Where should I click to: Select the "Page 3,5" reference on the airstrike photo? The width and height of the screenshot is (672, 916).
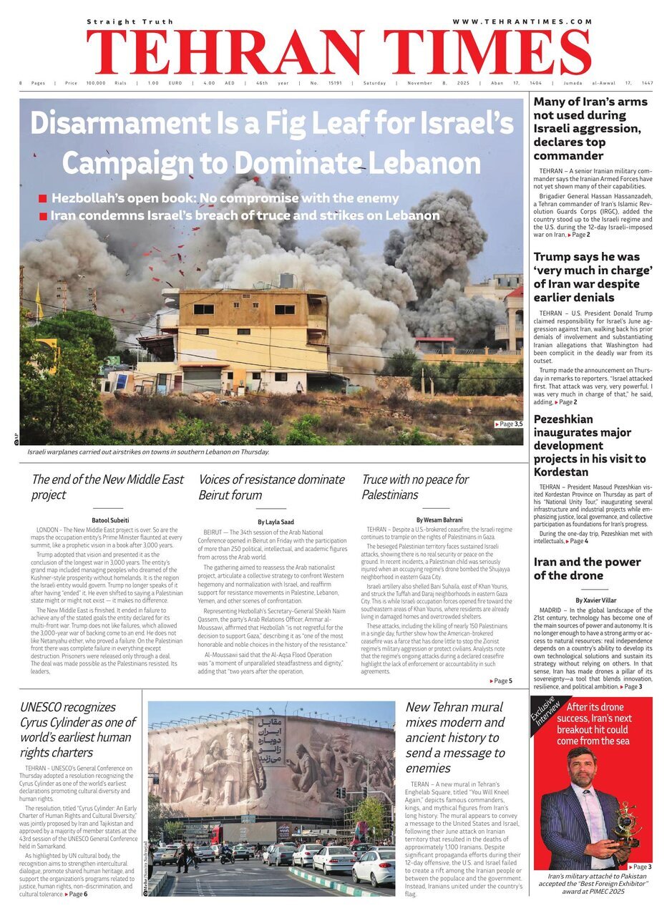(x=509, y=424)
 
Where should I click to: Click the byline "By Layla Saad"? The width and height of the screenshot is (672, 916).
(x=275, y=522)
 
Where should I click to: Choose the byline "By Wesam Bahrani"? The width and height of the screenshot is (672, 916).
(x=439, y=519)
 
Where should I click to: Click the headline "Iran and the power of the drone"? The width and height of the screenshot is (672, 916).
(x=587, y=568)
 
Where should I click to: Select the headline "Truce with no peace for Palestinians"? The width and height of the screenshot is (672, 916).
(x=415, y=487)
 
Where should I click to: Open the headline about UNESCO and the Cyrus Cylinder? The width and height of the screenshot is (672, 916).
(x=77, y=729)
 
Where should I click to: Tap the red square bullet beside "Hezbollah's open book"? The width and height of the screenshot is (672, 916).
(x=43, y=199)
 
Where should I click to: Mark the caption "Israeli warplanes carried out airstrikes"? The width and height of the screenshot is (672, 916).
(x=148, y=452)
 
